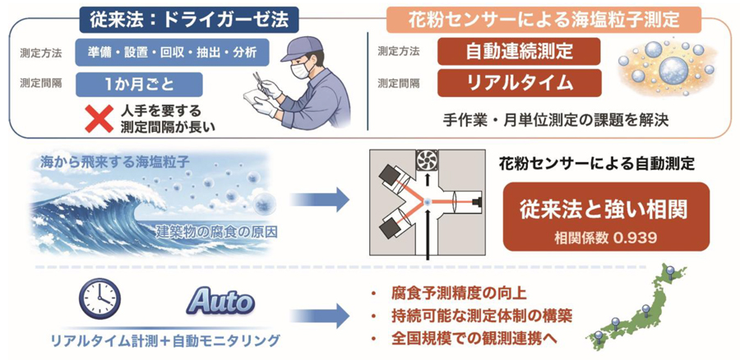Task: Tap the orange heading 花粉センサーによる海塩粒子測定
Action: point(543,16)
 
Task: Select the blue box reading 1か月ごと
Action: point(136,83)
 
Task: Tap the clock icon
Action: point(99,301)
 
